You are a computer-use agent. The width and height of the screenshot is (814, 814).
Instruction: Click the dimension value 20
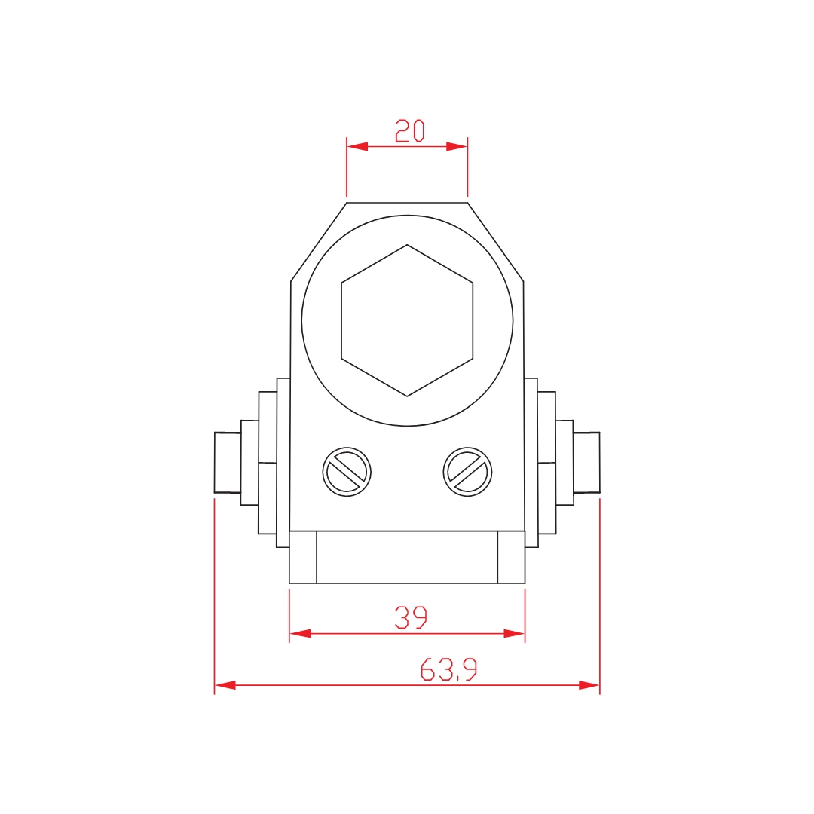[410, 131]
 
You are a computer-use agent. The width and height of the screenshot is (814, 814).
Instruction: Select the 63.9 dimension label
[448, 669]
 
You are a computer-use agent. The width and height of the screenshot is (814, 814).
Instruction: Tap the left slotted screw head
[347, 472]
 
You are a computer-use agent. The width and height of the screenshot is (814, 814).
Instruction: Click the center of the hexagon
[407, 320]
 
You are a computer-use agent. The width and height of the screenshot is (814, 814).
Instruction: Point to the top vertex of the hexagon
[407, 244]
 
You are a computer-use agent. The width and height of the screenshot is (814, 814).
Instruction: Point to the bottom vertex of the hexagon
[407, 396]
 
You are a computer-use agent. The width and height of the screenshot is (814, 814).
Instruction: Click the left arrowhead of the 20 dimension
[357, 147]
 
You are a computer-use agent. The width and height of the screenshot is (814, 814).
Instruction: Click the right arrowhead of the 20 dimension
[457, 147]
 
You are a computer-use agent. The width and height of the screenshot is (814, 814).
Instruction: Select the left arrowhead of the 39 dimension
[300, 634]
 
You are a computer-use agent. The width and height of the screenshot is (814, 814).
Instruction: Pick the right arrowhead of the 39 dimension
[514, 634]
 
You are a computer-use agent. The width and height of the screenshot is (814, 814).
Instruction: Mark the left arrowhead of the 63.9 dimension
[225, 685]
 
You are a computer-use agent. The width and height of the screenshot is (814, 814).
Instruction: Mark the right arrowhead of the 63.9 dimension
[589, 685]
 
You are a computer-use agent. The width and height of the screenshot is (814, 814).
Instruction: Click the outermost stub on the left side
[228, 463]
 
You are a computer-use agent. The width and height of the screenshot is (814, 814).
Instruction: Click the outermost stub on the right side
[586, 463]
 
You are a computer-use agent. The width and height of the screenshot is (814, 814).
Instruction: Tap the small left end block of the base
[303, 557]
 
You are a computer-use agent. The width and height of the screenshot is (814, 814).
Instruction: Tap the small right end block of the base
[511, 557]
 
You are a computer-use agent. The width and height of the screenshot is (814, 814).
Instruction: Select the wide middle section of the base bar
[407, 557]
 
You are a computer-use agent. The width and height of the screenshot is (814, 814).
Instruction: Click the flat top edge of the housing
[407, 202]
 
